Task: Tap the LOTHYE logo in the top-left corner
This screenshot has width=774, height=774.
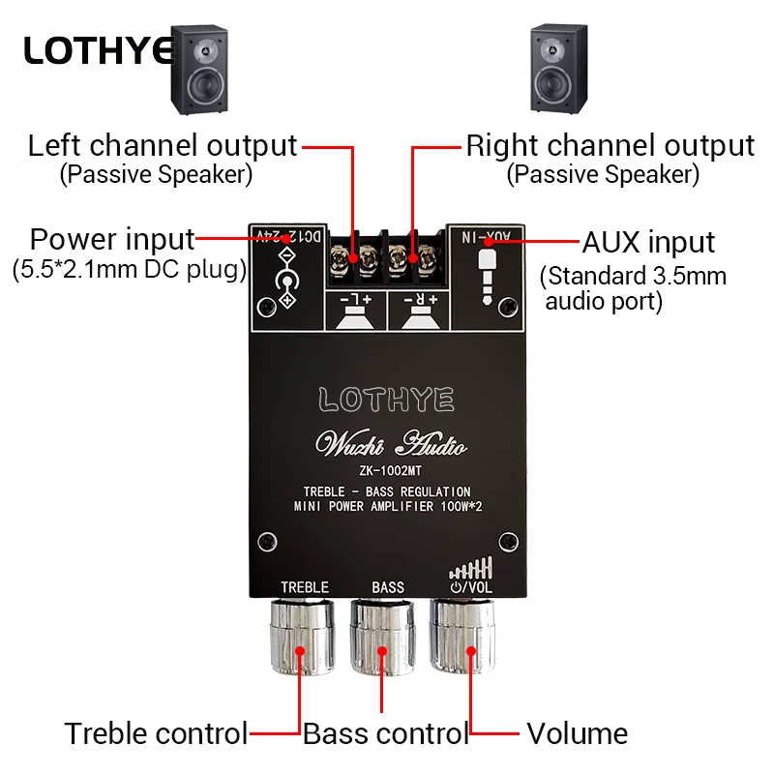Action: tap(98, 50)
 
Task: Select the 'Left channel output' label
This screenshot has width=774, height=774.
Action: tap(162, 146)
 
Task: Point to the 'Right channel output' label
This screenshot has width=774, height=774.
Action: tap(610, 146)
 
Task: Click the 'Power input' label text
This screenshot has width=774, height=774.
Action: tap(112, 239)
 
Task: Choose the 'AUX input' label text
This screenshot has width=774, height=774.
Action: tap(648, 242)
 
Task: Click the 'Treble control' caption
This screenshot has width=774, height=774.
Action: tap(156, 733)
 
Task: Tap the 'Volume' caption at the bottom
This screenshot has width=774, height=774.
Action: tap(577, 733)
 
